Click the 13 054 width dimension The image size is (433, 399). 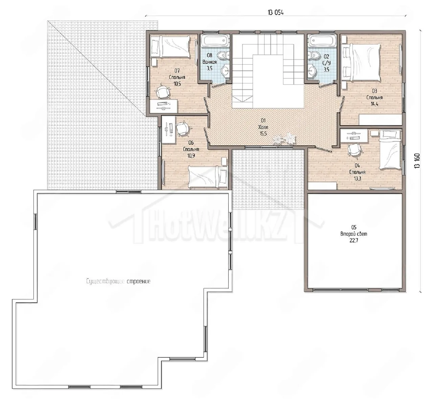[x=276, y=13]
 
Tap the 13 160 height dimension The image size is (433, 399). [x=417, y=161]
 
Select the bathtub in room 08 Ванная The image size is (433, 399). [x=215, y=41]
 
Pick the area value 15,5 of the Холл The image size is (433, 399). [x=263, y=134]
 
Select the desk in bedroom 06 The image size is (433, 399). [x=169, y=130]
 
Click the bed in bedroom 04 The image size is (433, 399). [x=390, y=149]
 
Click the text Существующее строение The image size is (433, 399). [x=118, y=281]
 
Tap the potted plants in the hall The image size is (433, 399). [x=284, y=138]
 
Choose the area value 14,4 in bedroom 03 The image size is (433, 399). [x=374, y=104]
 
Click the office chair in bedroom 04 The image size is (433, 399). [x=354, y=149]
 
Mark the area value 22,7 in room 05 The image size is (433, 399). [x=354, y=240]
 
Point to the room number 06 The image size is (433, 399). [x=191, y=143]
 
